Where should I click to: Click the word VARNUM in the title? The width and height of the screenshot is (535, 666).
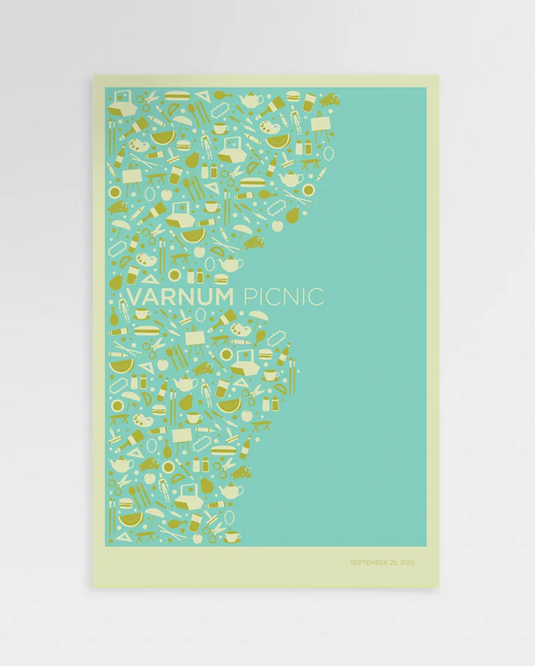click(181, 297)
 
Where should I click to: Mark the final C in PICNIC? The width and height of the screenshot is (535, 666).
click(316, 297)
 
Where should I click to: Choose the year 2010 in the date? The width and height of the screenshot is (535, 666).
click(407, 563)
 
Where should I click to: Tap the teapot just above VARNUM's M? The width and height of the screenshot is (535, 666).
click(230, 263)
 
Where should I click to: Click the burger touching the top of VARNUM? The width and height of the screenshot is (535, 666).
click(219, 280)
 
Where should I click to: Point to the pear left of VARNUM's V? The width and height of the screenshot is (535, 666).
click(116, 282)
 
